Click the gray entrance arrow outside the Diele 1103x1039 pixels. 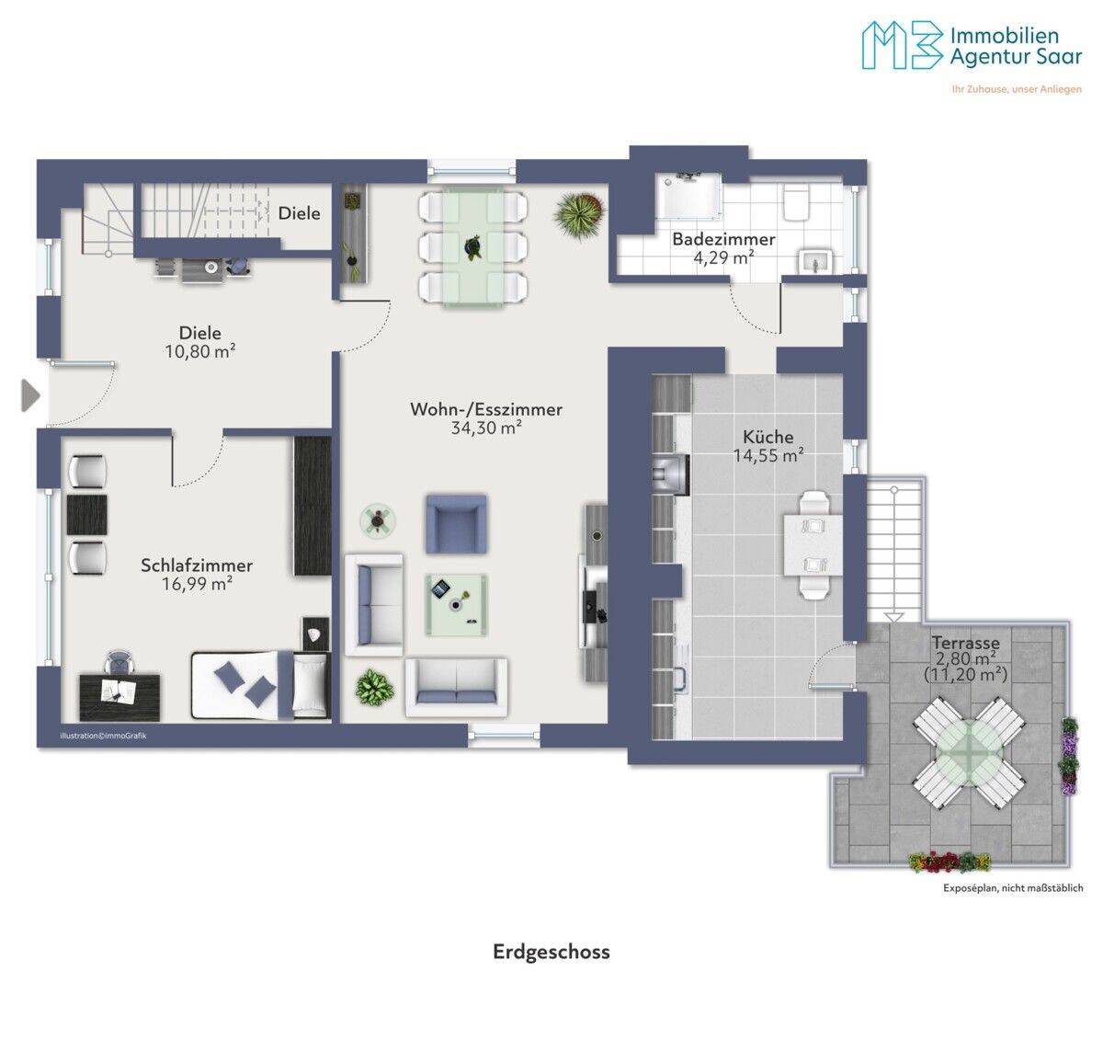click(x=30, y=395)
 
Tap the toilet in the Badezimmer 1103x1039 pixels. click(x=795, y=201)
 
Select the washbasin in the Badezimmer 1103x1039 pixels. click(x=816, y=262)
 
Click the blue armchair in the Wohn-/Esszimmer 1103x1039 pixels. click(x=456, y=524)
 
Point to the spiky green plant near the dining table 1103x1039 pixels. click(x=579, y=215)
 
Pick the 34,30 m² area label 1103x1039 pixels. click(x=486, y=428)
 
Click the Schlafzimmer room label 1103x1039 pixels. click(x=197, y=565)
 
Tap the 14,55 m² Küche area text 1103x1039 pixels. click(x=768, y=456)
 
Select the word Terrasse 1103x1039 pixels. click(x=965, y=643)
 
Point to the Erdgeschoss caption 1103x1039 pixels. click(x=551, y=953)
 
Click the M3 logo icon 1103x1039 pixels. click(x=902, y=46)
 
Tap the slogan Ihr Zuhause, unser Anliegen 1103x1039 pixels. click(x=1017, y=89)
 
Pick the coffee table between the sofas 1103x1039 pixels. click(x=457, y=605)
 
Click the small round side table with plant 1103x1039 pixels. click(x=378, y=520)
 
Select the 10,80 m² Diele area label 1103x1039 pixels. click(x=200, y=352)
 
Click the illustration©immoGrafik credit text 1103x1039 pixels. click(x=103, y=736)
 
